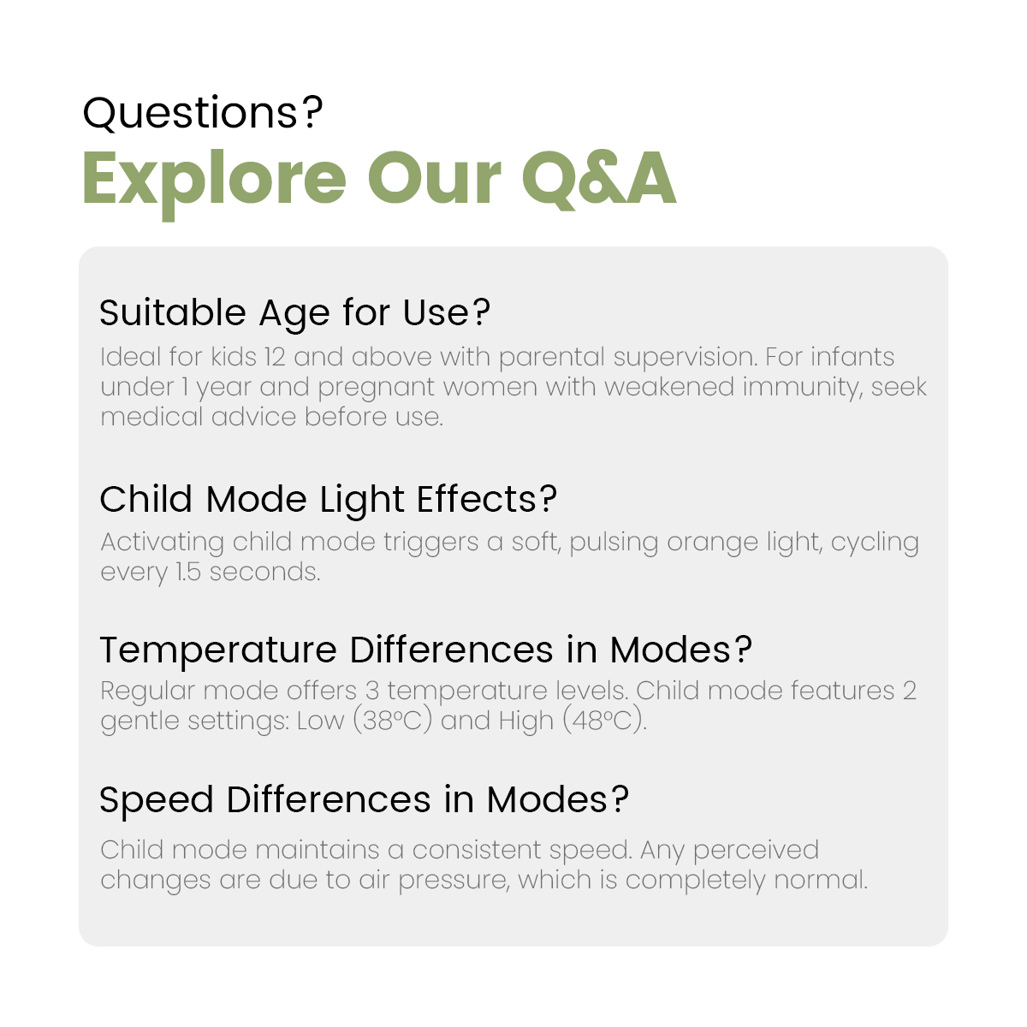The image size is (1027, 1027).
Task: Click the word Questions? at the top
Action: click(x=203, y=112)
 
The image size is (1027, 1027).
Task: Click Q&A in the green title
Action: click(x=599, y=179)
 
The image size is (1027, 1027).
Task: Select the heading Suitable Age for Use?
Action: click(x=294, y=313)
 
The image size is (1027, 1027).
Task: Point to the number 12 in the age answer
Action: click(x=275, y=357)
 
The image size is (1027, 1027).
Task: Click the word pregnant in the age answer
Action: click(x=377, y=389)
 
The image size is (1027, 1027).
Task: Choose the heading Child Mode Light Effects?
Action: click(x=329, y=500)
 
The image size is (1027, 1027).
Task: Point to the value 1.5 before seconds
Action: click(x=188, y=572)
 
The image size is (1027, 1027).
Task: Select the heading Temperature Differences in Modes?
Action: click(x=426, y=650)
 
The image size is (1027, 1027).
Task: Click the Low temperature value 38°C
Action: click(x=392, y=721)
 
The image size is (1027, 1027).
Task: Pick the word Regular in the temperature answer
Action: click(x=147, y=692)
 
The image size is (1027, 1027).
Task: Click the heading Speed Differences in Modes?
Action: click(x=365, y=800)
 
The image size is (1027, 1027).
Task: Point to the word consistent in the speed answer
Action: click(x=477, y=850)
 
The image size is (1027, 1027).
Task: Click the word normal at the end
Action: click(x=821, y=880)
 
